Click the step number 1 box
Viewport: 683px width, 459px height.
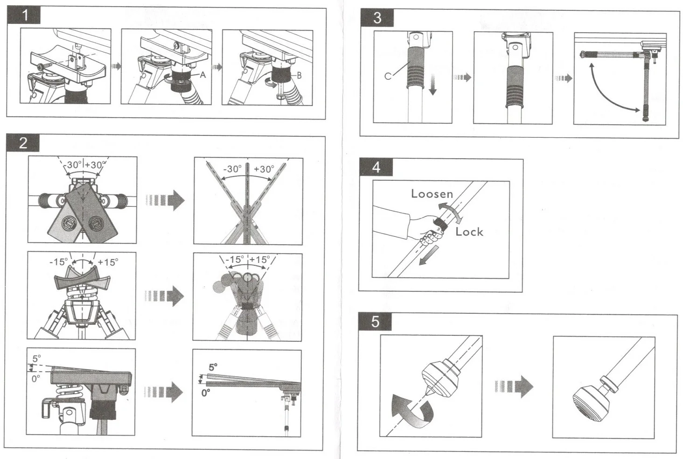24,15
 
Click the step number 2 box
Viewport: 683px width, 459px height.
23,143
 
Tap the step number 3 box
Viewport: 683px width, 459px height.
377,18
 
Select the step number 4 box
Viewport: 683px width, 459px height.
376,167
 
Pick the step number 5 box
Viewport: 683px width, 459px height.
375,322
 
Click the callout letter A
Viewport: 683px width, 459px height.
203,75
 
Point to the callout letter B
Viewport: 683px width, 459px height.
299,75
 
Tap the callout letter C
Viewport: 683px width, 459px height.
388,76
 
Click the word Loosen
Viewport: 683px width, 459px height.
432,193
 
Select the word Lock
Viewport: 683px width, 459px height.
469,232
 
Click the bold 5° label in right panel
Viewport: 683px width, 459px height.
213,367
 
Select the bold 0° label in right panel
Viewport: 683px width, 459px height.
206,393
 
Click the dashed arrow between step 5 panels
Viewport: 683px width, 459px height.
514,386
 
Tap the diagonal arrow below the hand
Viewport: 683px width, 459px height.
428,256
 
